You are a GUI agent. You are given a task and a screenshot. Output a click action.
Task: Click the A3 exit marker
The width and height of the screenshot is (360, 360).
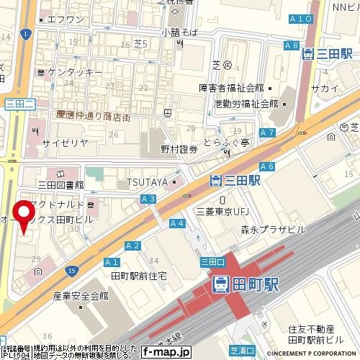149,198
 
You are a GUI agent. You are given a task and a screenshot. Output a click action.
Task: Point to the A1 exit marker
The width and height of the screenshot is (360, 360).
112,261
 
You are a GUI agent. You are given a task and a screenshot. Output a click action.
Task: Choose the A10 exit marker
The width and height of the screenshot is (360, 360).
303,19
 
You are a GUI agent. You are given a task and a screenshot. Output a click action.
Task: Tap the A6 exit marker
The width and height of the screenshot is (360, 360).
267,167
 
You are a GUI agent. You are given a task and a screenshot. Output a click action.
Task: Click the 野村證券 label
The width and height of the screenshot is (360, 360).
179,149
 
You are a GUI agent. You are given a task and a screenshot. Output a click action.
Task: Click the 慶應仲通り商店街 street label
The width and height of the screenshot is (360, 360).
94,116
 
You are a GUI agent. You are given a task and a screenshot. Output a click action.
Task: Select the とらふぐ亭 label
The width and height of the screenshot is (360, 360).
226,143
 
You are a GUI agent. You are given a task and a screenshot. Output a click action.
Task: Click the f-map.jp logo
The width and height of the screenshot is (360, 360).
165,353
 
